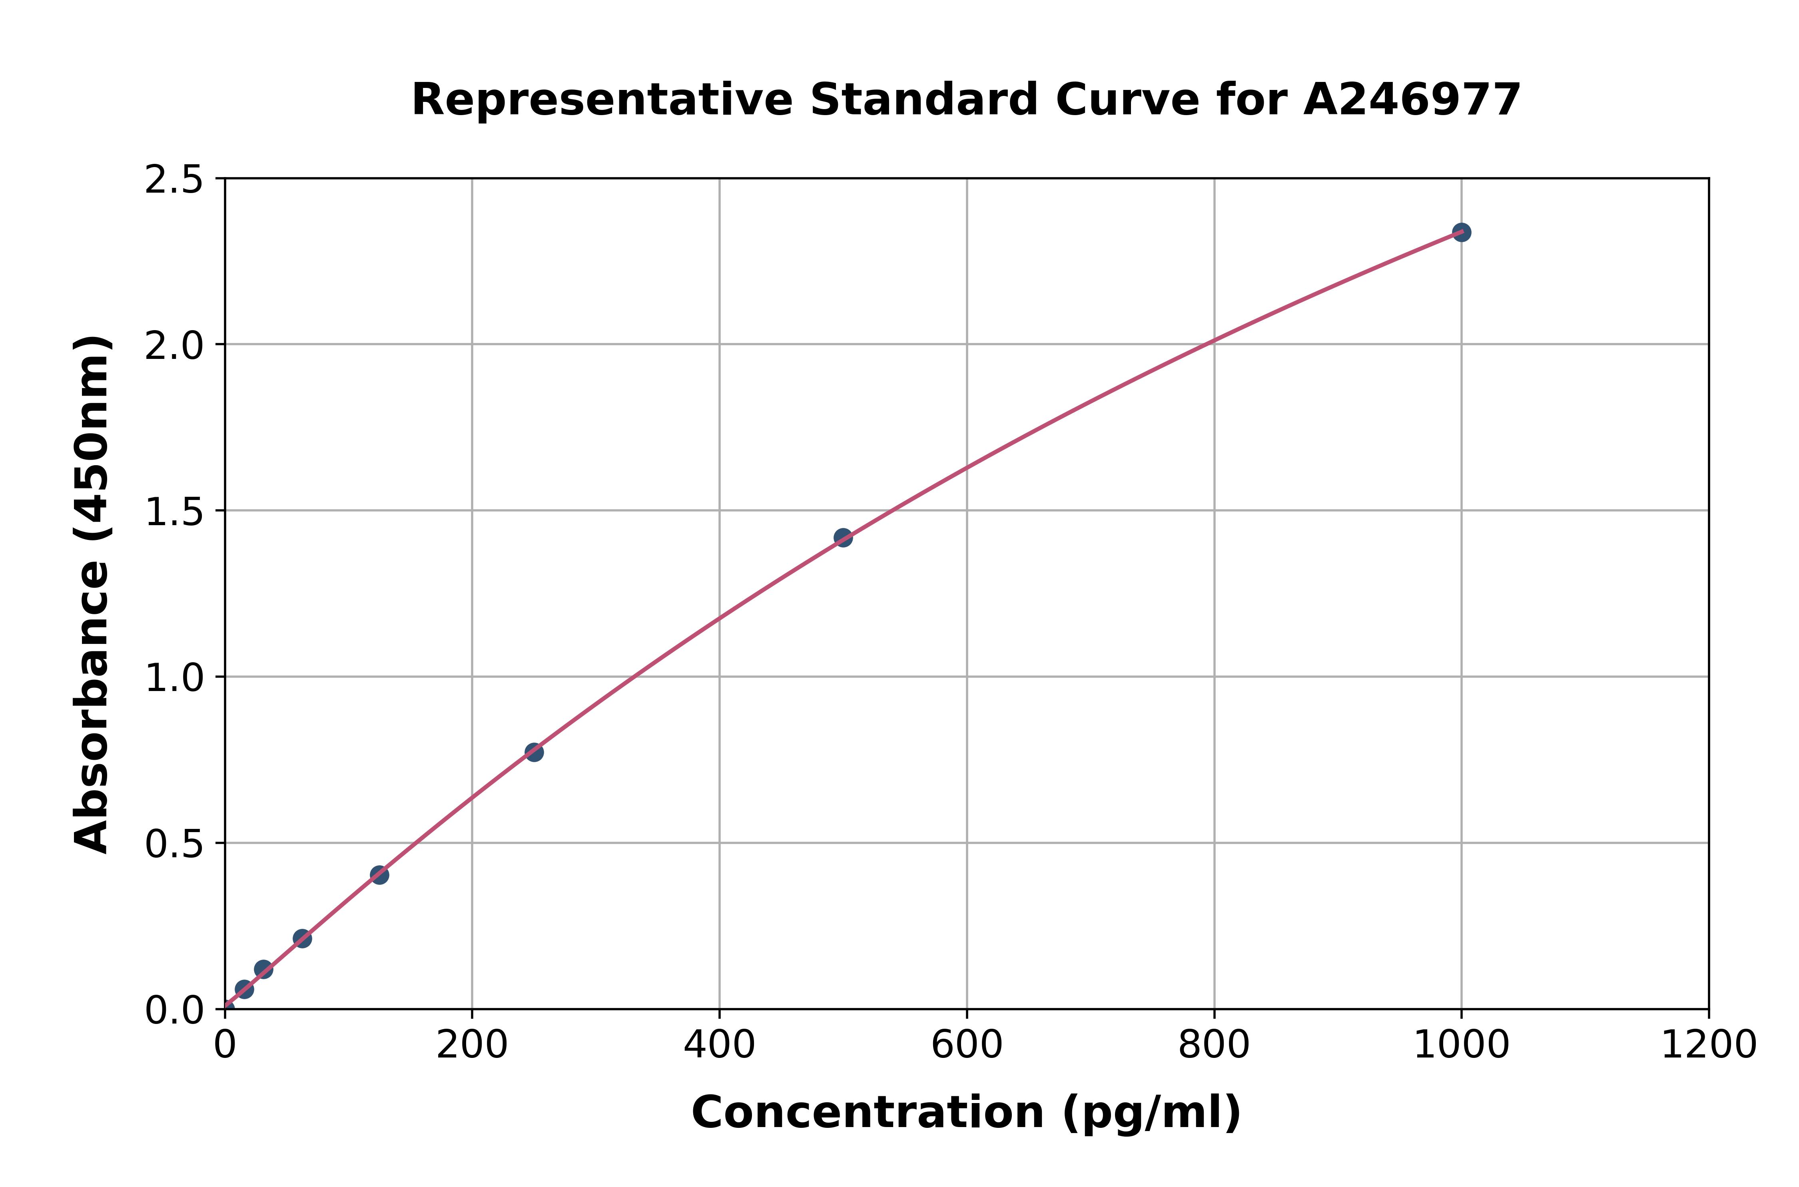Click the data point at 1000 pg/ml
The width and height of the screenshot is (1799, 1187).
click(1461, 232)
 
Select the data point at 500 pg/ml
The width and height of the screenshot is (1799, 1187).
click(843, 538)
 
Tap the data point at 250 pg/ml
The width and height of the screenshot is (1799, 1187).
click(534, 752)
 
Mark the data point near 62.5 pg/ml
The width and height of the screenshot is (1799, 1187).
click(302, 939)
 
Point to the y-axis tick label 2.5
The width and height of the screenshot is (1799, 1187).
click(174, 180)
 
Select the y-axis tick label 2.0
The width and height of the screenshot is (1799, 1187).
click(174, 345)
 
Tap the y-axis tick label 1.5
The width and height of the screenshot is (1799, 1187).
click(174, 512)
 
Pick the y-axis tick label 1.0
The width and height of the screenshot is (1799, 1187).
click(174, 677)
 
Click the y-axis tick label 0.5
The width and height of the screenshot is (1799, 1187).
click(174, 843)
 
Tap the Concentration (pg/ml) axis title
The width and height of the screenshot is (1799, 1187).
click(966, 1113)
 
